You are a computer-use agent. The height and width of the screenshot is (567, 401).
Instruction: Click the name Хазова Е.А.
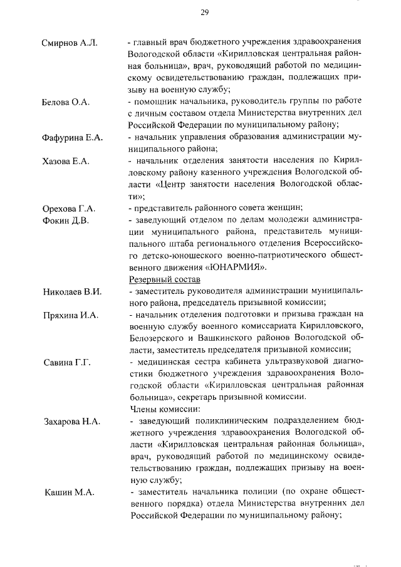[66, 162]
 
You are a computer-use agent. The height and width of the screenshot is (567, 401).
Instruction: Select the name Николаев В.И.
[71, 292]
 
